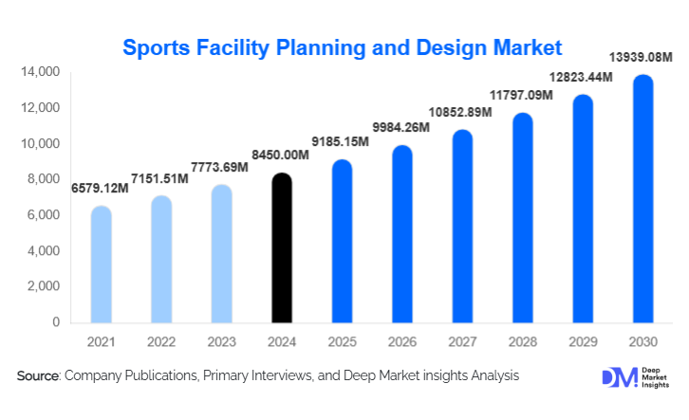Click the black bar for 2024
pos(282,248)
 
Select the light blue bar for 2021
pos(101,265)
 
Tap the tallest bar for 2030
pos(642,199)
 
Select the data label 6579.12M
pos(99,189)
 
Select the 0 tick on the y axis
pos(55,322)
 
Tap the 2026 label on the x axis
pos(401,340)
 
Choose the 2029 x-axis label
pos(582,340)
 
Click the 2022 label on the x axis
pos(161,340)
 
